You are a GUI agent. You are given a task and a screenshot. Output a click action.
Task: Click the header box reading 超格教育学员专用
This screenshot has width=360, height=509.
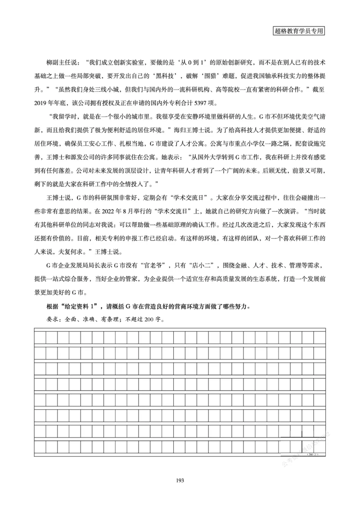pyautogui.click(x=299, y=31)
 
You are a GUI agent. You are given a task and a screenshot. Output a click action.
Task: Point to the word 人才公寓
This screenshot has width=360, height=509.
pyautogui.click(x=183, y=145)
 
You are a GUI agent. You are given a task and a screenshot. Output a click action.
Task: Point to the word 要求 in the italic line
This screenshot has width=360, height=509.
pyautogui.click(x=41, y=321)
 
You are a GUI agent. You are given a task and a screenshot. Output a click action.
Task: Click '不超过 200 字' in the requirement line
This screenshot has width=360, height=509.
pyautogui.click(x=144, y=321)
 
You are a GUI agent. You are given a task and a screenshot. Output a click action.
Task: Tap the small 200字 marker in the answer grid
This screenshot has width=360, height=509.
pyautogui.click(x=312, y=455)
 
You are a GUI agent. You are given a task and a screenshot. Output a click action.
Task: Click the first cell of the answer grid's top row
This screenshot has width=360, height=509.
pyautogui.click(x=40, y=336)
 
